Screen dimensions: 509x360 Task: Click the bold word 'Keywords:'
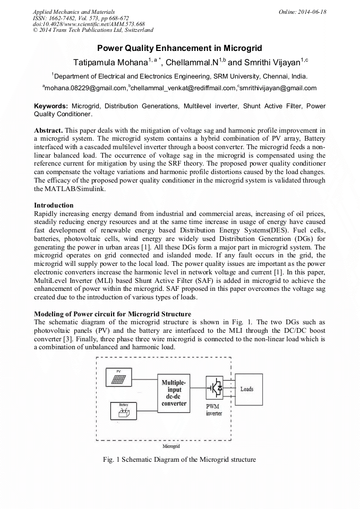[51, 106]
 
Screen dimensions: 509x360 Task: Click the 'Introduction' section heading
[54, 205]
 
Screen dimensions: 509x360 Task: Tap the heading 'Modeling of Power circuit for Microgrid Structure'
[113, 314]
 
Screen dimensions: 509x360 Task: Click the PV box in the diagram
[123, 376]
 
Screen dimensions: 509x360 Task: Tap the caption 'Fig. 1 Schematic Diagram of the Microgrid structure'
[179, 460]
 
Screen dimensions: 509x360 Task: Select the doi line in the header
[89, 24]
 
